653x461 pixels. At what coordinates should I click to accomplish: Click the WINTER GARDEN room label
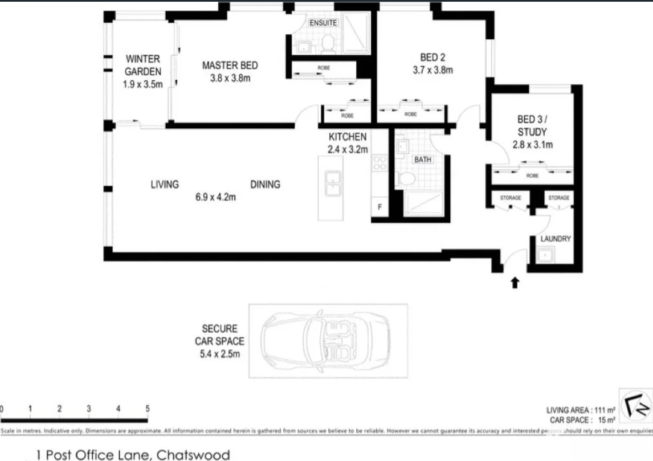[x=142, y=65]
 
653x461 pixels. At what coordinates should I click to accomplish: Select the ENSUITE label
[x=324, y=23]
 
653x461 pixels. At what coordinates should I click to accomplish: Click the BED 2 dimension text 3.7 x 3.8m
[x=432, y=71]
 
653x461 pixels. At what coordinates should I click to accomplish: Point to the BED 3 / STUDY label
[x=532, y=126]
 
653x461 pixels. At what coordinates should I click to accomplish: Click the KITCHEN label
[x=348, y=137]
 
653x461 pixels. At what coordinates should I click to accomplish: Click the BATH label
[x=422, y=160]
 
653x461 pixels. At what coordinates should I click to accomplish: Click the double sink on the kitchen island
[x=331, y=185]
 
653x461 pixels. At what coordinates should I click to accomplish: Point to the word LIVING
[x=165, y=184]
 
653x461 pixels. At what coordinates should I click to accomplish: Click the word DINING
[x=265, y=184]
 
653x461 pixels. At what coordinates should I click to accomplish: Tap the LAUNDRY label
[x=555, y=239]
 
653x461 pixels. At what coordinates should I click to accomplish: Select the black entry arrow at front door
[x=515, y=282]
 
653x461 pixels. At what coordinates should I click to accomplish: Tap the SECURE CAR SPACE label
[x=219, y=341]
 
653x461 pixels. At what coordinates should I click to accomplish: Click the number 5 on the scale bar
[x=148, y=409]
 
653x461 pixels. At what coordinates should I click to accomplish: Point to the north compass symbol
[x=635, y=405]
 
